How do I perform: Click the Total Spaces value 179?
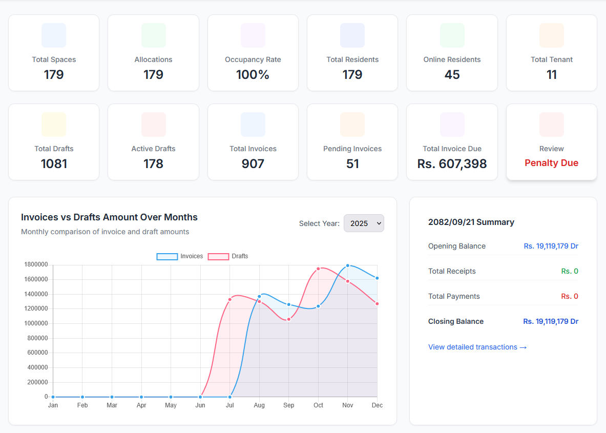(x=54, y=75)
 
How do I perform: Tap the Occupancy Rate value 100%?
(x=253, y=75)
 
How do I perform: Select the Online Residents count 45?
(x=452, y=75)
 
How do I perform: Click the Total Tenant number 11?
(x=551, y=75)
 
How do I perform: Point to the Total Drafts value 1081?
(x=54, y=164)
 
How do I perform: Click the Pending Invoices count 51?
(x=352, y=164)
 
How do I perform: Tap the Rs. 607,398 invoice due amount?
(x=452, y=164)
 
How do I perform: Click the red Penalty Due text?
(x=551, y=163)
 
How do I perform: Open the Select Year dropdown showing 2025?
(x=364, y=223)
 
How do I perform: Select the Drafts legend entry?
(x=228, y=256)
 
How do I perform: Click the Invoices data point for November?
(x=348, y=265)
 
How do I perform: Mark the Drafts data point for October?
(x=318, y=269)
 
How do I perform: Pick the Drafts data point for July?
(x=230, y=299)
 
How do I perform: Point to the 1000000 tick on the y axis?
(x=36, y=323)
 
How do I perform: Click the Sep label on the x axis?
(x=289, y=405)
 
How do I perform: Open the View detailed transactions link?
(x=477, y=347)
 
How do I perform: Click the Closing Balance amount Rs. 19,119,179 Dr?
(x=551, y=321)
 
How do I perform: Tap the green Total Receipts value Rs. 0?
(x=570, y=271)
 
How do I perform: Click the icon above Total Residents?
(x=352, y=35)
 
